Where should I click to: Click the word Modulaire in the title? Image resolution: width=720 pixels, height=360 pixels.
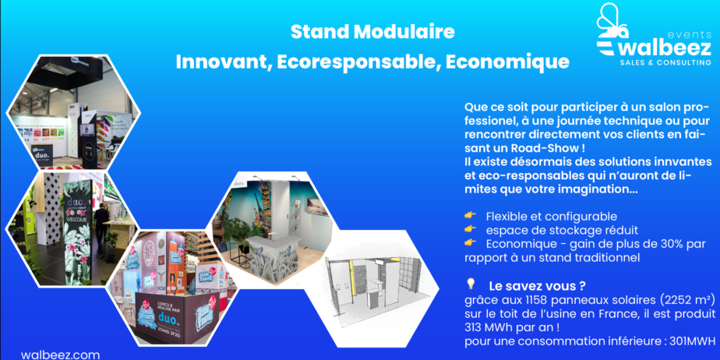coord(404,32)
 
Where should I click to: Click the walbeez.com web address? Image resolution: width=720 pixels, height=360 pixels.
coord(60,355)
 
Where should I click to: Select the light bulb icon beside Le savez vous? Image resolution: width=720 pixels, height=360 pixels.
coord(470,284)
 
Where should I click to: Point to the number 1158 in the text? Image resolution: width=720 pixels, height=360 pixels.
coord(518,301)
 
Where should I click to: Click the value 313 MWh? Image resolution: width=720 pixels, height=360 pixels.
coord(485,328)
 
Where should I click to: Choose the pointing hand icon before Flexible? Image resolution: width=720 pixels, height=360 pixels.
coord(470,216)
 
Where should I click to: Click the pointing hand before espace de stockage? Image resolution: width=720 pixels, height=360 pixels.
coord(470,229)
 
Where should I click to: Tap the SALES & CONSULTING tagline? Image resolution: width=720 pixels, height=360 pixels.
coord(665,62)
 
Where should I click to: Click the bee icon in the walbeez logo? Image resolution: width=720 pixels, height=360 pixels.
coord(612,21)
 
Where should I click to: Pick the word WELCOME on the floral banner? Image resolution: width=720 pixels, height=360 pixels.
coord(77,220)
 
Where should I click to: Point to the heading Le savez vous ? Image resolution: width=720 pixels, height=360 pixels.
coord(537,287)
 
